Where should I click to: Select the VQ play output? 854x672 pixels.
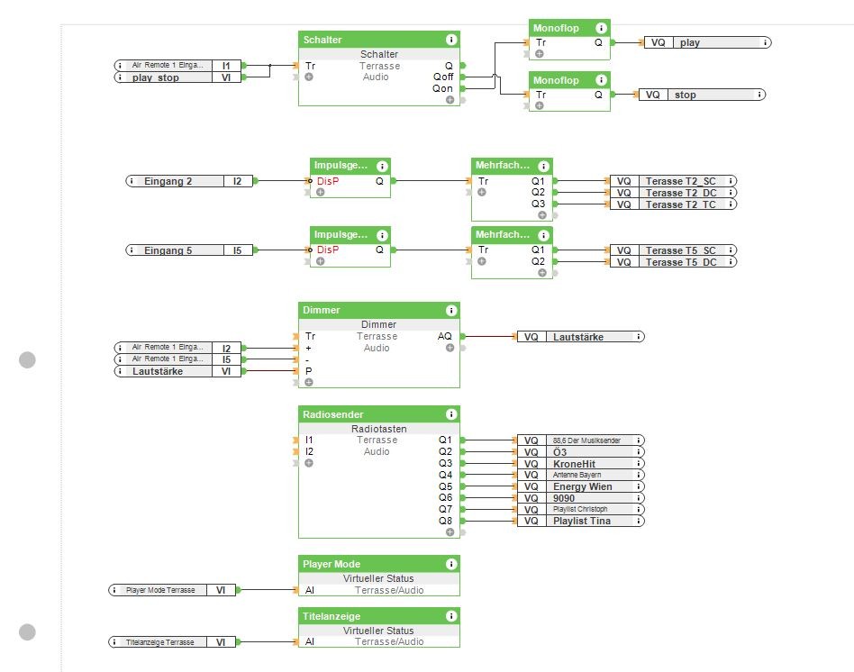click(707, 42)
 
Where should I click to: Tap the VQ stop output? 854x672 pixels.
click(703, 95)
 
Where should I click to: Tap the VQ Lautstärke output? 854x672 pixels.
click(581, 337)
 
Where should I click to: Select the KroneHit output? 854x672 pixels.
click(581, 463)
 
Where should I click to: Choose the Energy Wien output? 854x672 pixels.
click(581, 486)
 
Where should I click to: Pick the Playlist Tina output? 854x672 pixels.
click(581, 521)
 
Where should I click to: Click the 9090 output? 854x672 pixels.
click(581, 498)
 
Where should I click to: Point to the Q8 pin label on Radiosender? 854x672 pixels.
click(445, 521)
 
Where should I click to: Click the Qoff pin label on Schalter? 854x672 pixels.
click(442, 77)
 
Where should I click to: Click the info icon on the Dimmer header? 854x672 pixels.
click(450, 310)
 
